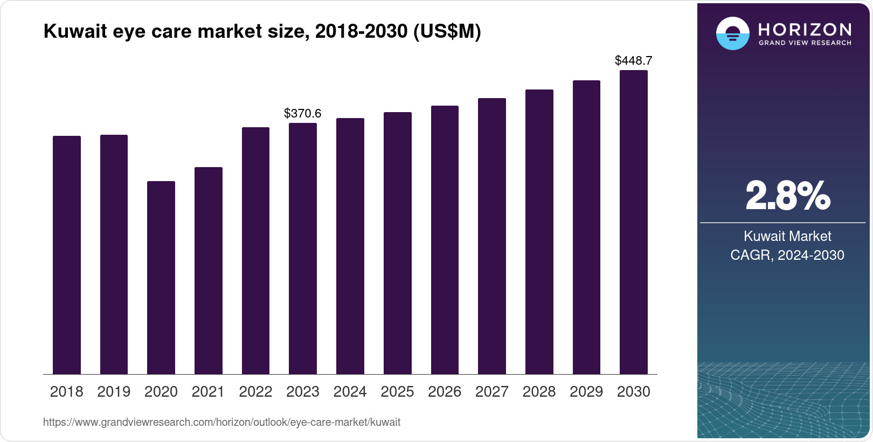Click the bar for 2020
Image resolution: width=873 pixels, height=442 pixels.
161,278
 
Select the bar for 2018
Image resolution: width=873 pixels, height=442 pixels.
67,255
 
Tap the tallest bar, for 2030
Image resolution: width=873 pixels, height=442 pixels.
634,222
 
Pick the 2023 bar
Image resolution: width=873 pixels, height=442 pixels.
303,248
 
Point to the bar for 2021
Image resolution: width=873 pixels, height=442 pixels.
209,271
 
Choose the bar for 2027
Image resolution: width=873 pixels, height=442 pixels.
492,236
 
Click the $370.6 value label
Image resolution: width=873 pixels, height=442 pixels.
303,113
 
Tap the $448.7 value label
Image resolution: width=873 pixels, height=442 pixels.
634,60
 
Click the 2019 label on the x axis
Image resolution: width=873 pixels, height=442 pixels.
114,392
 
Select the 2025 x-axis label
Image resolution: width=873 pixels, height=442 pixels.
397,392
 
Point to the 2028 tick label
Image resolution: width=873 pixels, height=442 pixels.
539,392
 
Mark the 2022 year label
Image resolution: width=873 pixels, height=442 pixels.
255,392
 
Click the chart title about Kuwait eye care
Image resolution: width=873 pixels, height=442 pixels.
262,31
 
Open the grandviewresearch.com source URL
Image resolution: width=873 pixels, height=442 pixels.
221,422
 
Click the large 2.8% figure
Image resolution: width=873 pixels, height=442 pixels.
787,196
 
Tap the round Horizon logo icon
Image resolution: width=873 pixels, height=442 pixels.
732,33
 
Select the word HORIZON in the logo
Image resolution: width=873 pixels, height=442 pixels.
805,29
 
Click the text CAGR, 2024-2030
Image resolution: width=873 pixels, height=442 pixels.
787,255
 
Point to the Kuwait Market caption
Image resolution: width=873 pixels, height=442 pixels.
787,236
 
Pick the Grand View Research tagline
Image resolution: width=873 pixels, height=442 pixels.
805,43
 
